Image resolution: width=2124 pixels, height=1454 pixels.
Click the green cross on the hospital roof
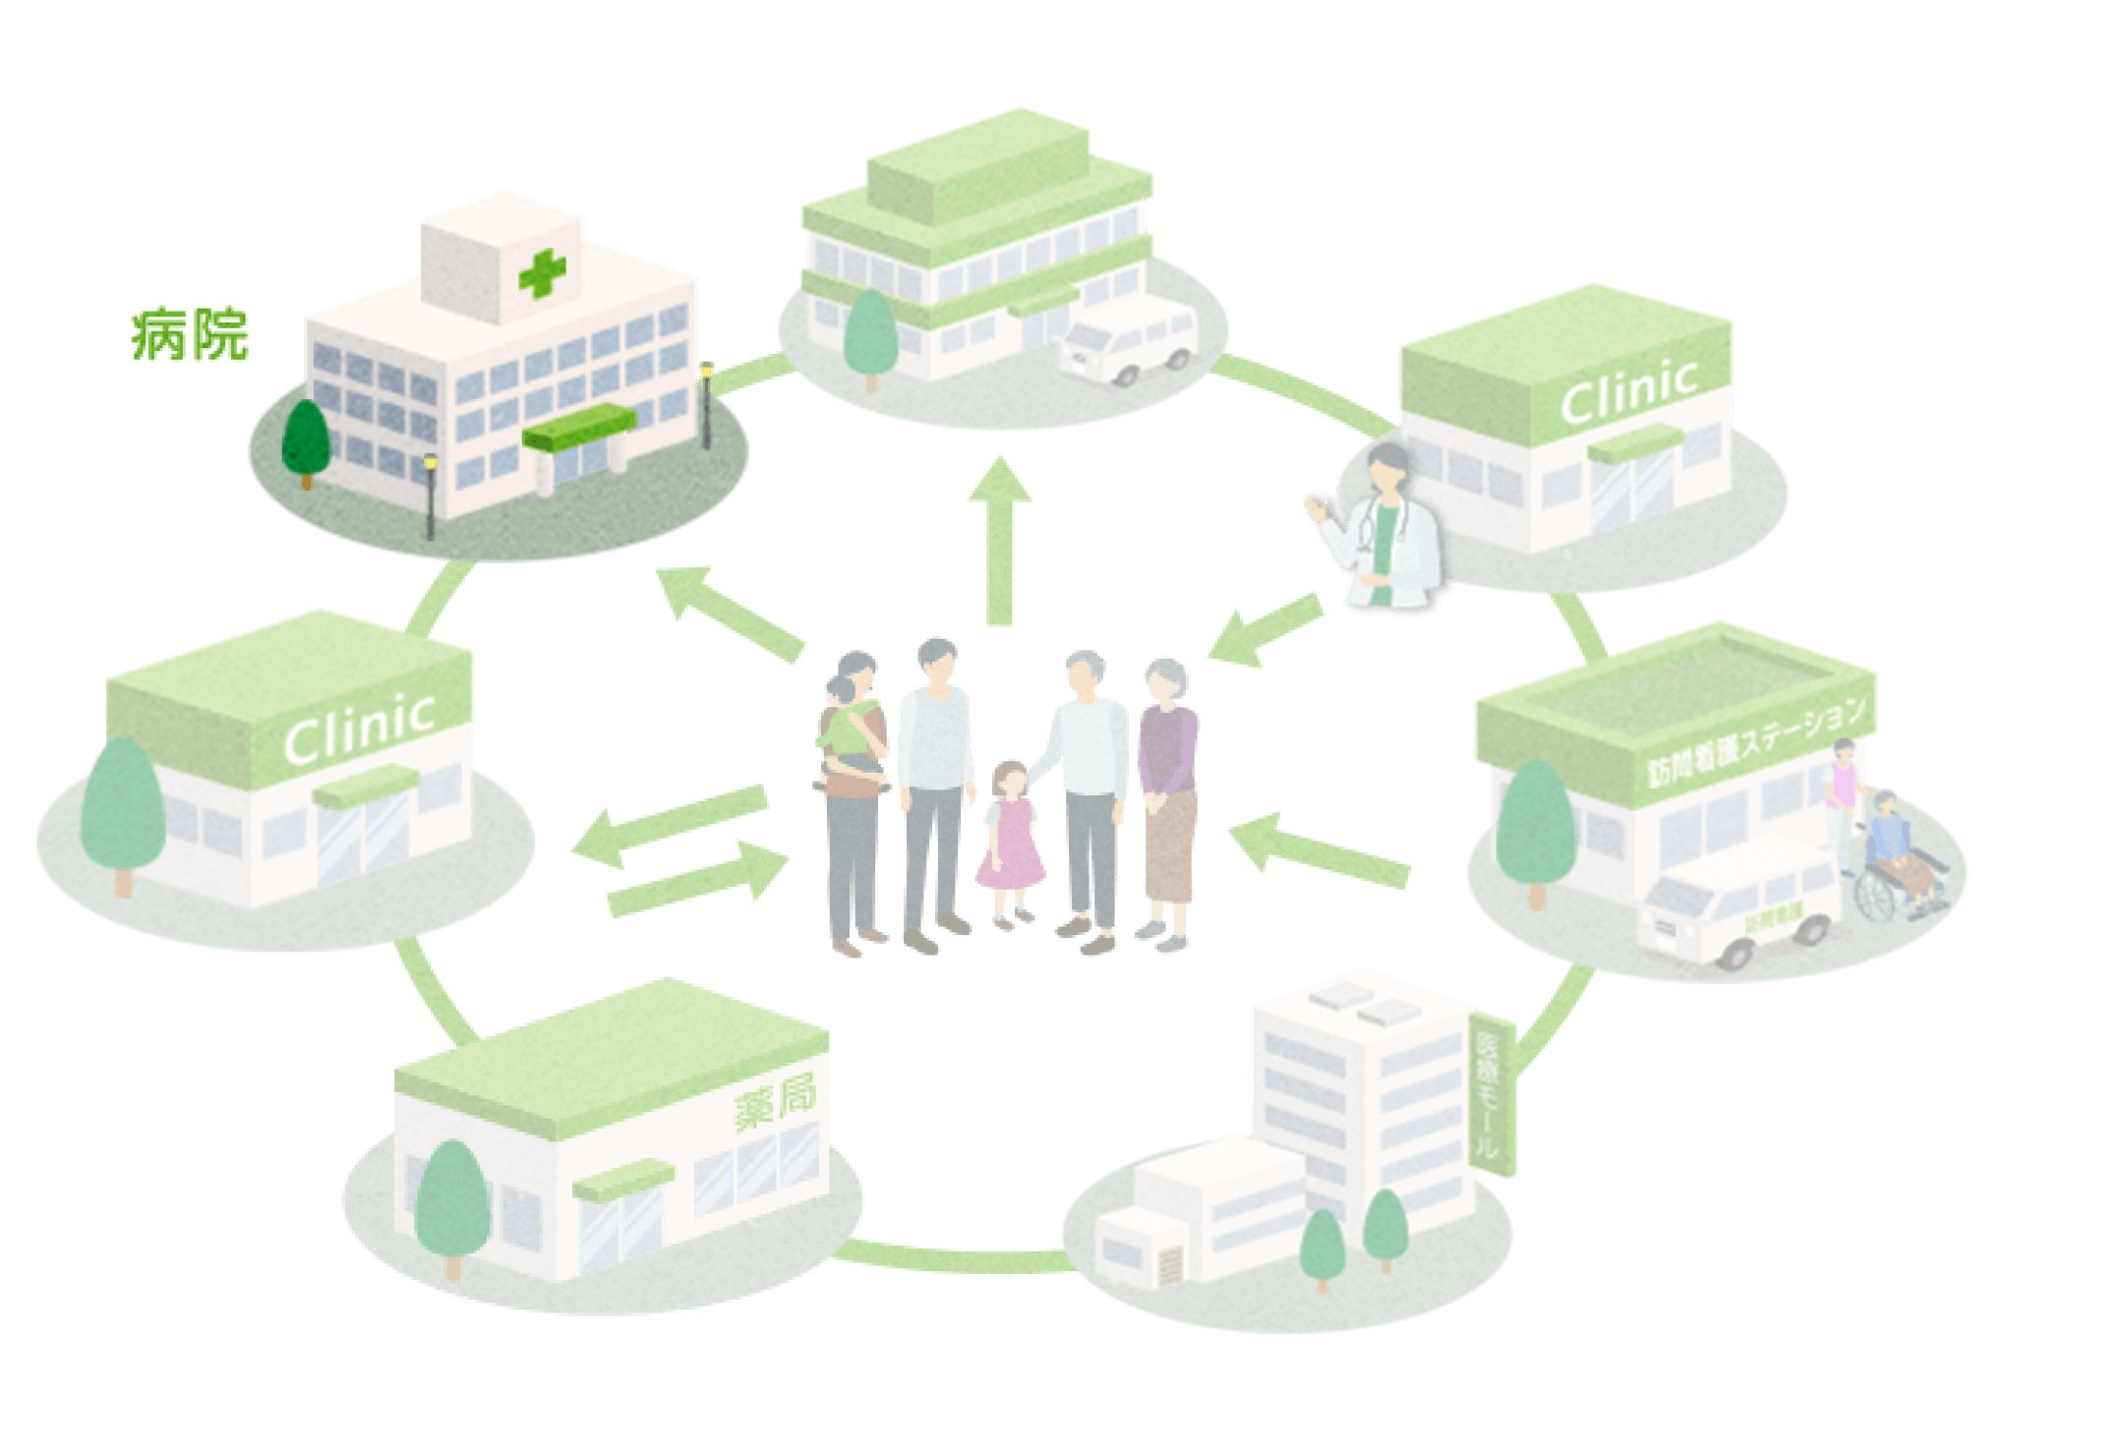(542, 272)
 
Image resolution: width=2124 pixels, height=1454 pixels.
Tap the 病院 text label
(191, 336)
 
